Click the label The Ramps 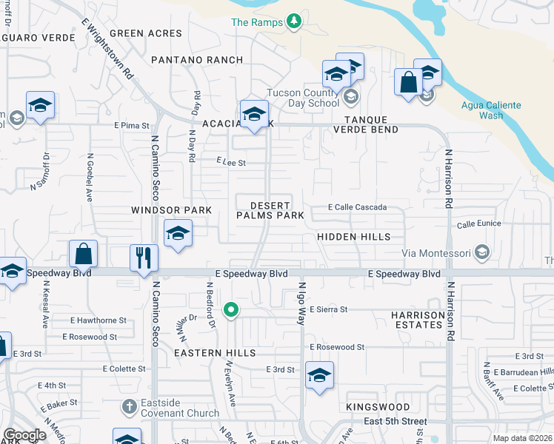tap(257, 22)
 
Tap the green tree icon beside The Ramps tap(294, 21)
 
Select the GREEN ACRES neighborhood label tap(145, 33)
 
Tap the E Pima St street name tap(132, 126)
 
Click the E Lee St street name tap(230, 162)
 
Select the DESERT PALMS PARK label tap(270, 210)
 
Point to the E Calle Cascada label tap(358, 207)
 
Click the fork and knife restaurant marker tap(144, 258)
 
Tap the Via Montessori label tap(437, 253)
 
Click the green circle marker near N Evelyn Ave tap(231, 310)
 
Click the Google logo tap(25, 436)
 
